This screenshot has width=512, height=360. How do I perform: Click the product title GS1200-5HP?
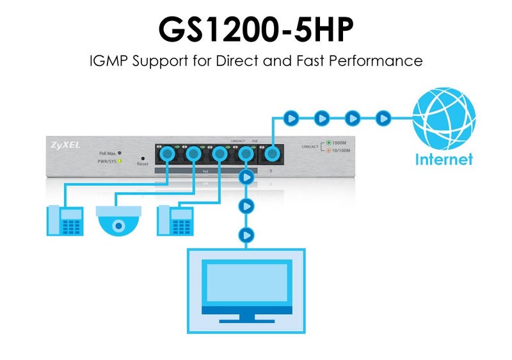click(x=255, y=29)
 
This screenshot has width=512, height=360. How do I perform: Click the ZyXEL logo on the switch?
click(x=65, y=145)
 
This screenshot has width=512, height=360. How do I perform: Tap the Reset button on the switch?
click(x=142, y=158)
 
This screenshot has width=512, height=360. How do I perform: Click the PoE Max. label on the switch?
click(x=107, y=153)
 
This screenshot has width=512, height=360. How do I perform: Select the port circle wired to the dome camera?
click(x=193, y=154)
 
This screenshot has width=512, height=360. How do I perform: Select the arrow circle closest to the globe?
click(x=383, y=118)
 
